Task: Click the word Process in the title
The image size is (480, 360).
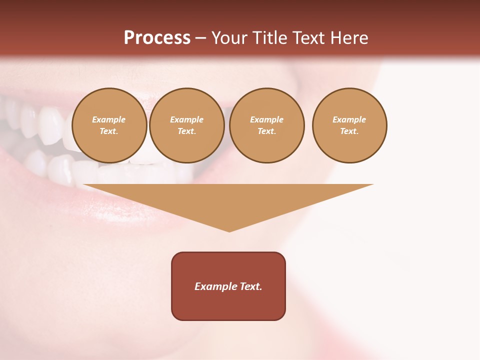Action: (x=157, y=38)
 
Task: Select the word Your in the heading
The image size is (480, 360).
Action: (x=230, y=38)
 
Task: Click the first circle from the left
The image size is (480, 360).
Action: (x=109, y=125)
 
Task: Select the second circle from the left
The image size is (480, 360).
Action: (x=186, y=125)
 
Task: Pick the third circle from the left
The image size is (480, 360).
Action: (x=266, y=125)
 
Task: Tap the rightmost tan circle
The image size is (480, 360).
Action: (x=349, y=125)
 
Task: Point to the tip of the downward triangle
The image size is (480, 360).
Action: (x=229, y=231)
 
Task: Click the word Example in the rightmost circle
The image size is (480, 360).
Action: (x=349, y=119)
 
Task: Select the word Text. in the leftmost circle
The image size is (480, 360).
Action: (x=109, y=131)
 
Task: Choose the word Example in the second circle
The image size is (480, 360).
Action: (x=186, y=119)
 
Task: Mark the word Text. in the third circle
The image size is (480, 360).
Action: (x=266, y=131)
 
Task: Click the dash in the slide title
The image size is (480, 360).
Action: (x=201, y=38)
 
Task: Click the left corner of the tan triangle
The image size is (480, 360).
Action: (x=84, y=185)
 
